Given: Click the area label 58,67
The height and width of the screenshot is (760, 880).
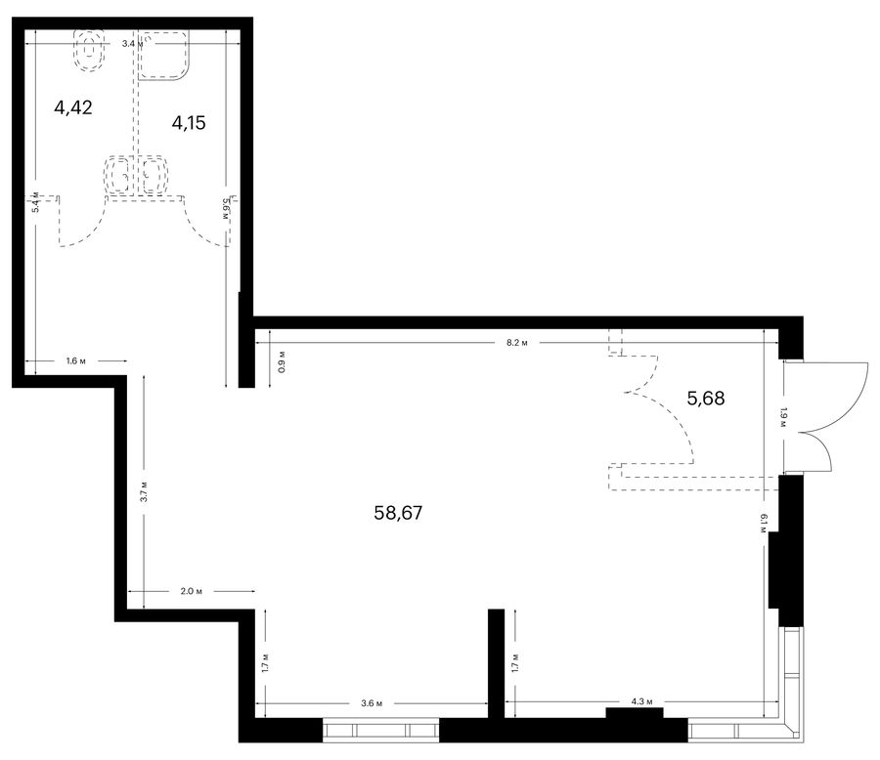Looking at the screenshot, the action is pos(398,513).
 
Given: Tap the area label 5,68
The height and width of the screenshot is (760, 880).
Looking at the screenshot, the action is pos(705,399).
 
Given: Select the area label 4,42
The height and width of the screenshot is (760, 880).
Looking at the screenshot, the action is pos(73,107).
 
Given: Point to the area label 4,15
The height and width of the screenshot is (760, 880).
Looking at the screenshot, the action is pos(189,122).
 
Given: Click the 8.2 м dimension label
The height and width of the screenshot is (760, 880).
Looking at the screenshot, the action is pos(517,343).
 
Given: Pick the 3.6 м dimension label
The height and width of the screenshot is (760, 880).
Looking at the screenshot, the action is pos(372,703).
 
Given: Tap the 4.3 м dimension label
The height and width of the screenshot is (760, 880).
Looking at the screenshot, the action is pos(642,701).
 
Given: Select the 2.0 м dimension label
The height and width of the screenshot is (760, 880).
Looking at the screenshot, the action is pos(192,591).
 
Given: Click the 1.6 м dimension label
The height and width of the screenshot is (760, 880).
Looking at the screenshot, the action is pos(75,360).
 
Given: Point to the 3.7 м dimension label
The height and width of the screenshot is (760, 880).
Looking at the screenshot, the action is pos(144,491).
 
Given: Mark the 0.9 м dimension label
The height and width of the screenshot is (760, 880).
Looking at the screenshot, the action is pos(282,361).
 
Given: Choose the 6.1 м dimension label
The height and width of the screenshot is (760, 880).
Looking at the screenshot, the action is pos(764,525).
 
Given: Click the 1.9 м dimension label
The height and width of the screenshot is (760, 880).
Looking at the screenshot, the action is pos(783,417).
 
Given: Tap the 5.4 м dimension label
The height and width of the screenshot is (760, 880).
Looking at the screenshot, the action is pos(35,202).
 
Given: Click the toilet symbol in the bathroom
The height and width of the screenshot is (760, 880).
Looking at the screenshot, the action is pos(89,51).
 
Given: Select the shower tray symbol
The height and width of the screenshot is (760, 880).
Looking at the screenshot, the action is pos(164,56).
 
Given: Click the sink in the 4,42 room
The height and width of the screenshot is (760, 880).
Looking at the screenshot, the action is pos(119,175).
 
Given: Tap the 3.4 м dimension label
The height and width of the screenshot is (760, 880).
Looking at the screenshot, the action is pos(132,43).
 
